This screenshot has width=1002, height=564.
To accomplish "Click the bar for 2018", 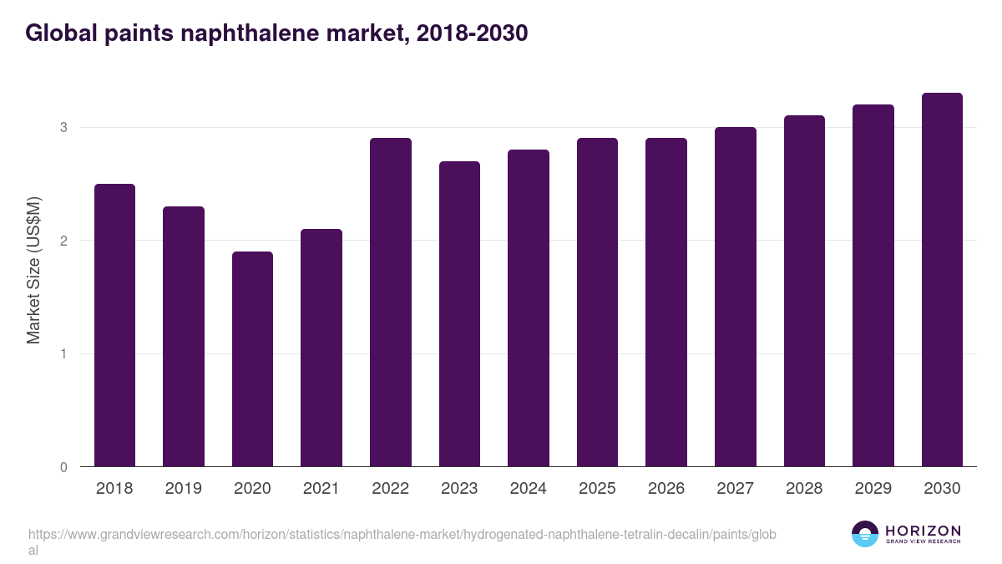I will [x=114, y=325].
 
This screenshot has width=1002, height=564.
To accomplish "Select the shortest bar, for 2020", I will [x=252, y=359].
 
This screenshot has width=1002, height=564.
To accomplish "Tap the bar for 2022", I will [x=391, y=302].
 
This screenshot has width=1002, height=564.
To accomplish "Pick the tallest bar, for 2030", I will [x=942, y=280].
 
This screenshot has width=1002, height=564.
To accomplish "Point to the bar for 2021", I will [x=321, y=348].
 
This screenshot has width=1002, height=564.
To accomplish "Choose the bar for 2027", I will [x=736, y=297].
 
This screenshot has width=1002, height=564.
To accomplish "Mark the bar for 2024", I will [x=529, y=308].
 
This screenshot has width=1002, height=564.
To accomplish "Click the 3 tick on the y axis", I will [x=63, y=128].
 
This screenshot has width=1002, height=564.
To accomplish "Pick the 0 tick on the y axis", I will [x=63, y=467].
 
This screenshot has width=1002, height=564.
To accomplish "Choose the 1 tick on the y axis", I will [x=63, y=354].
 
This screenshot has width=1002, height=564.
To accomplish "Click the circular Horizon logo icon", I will [x=865, y=534].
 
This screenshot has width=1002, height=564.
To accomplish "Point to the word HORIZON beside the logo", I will [x=923, y=531].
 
